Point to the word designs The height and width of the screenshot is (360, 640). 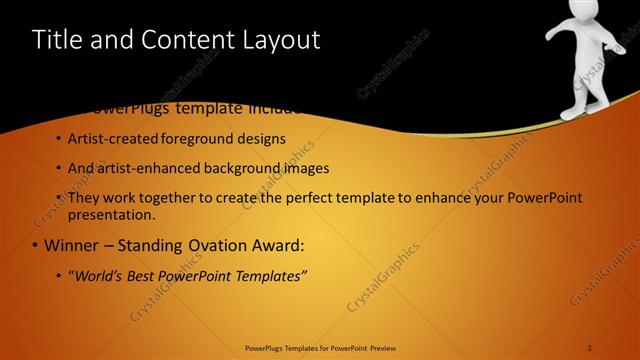263,138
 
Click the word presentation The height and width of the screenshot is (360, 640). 111,214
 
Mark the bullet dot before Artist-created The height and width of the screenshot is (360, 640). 58,138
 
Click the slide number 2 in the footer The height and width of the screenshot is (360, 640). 590,347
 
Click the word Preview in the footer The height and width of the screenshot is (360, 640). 378,347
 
